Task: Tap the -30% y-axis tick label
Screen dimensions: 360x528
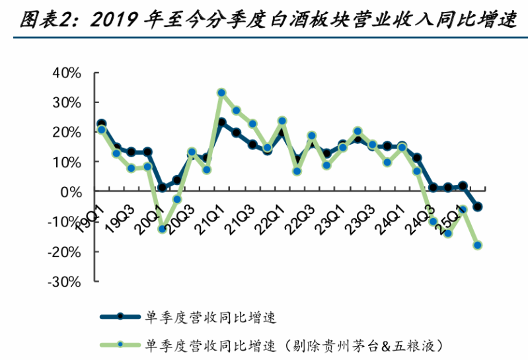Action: click(64, 282)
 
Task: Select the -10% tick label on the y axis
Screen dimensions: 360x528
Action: click(64, 222)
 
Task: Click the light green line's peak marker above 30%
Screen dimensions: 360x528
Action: click(221, 92)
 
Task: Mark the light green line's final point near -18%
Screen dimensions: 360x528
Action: click(477, 245)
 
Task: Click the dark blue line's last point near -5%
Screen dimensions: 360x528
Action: click(477, 207)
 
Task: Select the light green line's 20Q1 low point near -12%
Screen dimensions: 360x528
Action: click(162, 229)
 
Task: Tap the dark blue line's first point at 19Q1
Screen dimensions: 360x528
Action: click(101, 124)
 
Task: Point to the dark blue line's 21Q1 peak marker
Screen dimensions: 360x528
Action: click(221, 122)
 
